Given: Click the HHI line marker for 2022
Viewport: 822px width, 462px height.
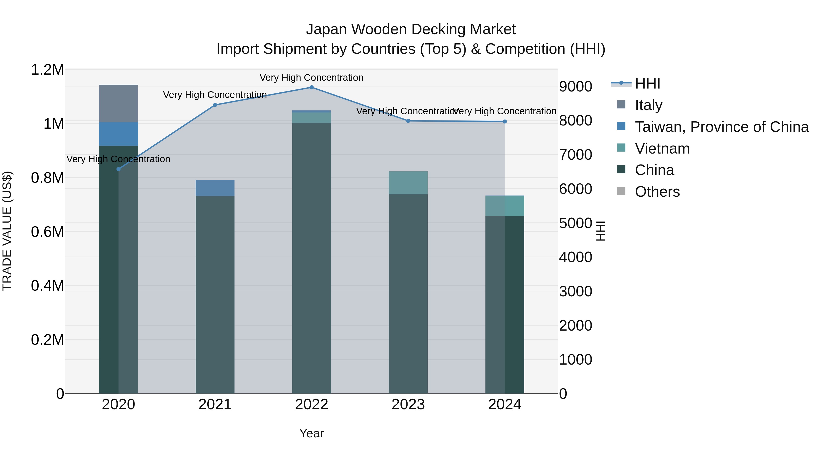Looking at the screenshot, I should pyautogui.click(x=311, y=87).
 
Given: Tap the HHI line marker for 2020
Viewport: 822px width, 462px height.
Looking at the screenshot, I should pyautogui.click(x=118, y=169).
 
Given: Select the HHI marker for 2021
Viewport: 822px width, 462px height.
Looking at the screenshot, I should pyautogui.click(x=215, y=105).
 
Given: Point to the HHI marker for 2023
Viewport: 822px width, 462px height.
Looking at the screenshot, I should pyautogui.click(x=408, y=121).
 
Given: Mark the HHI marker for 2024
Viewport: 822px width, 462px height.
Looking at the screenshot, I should pyautogui.click(x=504, y=121).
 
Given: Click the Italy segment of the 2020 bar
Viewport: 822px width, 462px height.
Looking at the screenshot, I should pyautogui.click(x=118, y=103).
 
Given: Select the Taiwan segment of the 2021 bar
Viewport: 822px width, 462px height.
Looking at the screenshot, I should pyautogui.click(x=215, y=188).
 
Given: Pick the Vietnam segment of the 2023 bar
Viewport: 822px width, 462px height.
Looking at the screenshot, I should pyautogui.click(x=408, y=183).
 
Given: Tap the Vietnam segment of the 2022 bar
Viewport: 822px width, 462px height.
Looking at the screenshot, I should pyautogui.click(x=311, y=118).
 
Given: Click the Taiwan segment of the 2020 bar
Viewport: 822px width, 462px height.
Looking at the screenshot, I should pyautogui.click(x=118, y=134).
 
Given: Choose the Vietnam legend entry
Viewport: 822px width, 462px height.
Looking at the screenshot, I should pyautogui.click(x=662, y=149).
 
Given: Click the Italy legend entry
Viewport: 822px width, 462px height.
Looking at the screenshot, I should pyautogui.click(x=648, y=105).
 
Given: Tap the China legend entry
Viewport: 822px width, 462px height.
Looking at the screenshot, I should pyautogui.click(x=654, y=170).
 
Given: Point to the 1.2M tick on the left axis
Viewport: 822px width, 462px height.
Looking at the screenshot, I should pyautogui.click(x=47, y=70).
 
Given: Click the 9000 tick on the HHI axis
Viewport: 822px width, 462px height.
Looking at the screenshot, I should pyautogui.click(x=575, y=86).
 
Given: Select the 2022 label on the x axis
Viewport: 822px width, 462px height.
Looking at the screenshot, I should pyautogui.click(x=311, y=405).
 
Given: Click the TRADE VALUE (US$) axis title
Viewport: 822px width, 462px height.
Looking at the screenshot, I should pyautogui.click(x=7, y=231).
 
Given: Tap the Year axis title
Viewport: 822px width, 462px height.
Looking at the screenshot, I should pyautogui.click(x=311, y=433).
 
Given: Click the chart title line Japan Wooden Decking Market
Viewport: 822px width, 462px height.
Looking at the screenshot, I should pyautogui.click(x=411, y=29).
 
